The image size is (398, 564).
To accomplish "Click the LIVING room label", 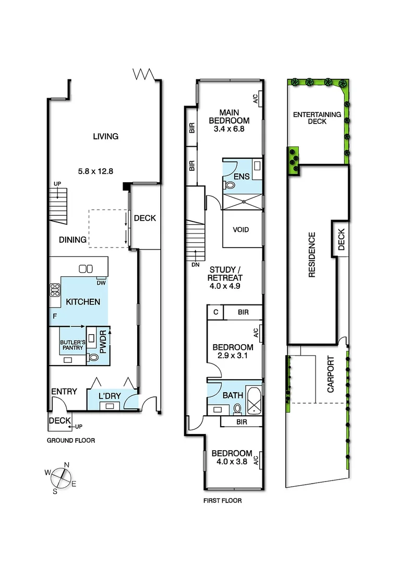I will tap(105, 136).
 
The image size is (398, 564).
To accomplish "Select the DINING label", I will tap(73, 240).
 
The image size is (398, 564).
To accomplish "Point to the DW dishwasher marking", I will tap(101, 283).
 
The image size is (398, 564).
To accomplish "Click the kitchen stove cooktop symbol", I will tap(55, 290).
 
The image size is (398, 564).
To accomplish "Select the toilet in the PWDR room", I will tap(93, 358).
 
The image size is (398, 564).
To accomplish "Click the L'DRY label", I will tap(110, 396).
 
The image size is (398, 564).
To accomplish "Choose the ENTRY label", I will tap(64, 391).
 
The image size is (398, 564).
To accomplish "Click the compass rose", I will tap(61, 475).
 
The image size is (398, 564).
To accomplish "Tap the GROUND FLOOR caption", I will tap(71, 440).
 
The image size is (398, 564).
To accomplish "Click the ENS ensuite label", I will tap(241, 177).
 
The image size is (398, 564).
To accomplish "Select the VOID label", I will tap(240, 230).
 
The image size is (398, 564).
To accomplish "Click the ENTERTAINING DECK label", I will tap(317, 118).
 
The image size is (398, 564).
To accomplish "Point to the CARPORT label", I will tap(330, 374).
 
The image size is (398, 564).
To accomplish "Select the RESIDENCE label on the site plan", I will tap(312, 254).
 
